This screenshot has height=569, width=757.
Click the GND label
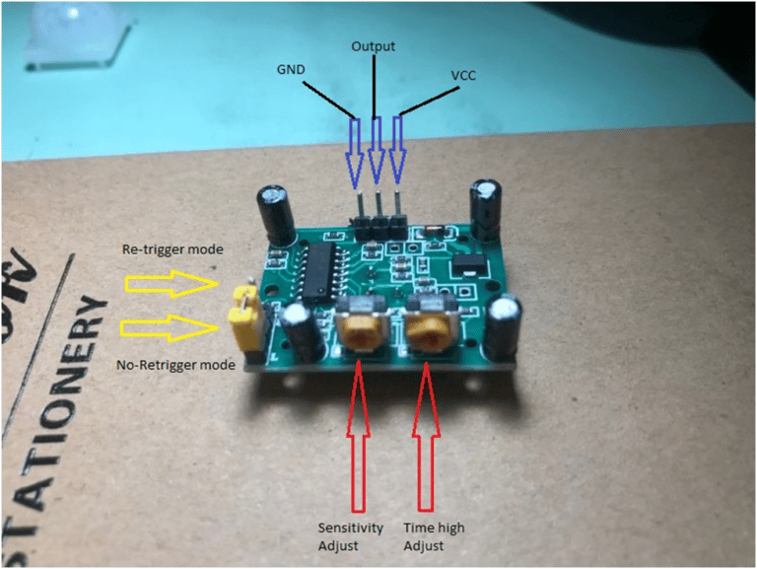291,70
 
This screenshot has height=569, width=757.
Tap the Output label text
373,46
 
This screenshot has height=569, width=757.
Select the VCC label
463,75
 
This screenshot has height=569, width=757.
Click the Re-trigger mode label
172,249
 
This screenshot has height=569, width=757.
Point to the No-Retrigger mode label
175,365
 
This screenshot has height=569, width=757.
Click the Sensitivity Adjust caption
350,536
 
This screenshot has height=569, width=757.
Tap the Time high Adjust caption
434,536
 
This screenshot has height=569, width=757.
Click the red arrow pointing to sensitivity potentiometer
358,436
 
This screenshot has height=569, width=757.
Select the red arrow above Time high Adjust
426,436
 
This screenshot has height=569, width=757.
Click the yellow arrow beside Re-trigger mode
172,284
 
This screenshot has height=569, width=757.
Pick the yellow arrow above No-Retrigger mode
169,328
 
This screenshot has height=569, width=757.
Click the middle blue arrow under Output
377,150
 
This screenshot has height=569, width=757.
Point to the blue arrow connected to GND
355,153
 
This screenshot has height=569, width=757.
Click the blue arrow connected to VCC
397,150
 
